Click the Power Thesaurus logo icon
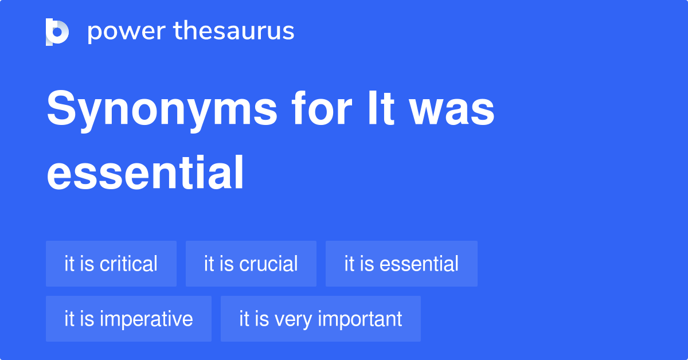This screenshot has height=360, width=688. (57, 32)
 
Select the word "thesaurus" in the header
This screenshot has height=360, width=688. (234, 32)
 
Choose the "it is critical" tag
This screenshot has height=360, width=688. (111, 264)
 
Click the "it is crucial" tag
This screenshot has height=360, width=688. (251, 264)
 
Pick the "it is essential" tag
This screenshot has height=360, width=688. (401, 264)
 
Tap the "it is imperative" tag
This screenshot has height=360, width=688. (128, 319)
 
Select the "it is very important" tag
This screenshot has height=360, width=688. (320, 319)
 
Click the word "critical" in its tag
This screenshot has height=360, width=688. (128, 264)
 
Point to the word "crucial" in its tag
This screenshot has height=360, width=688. (268, 264)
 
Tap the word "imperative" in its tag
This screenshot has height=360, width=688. (146, 319)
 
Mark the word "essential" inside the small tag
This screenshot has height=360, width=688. (419, 264)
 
